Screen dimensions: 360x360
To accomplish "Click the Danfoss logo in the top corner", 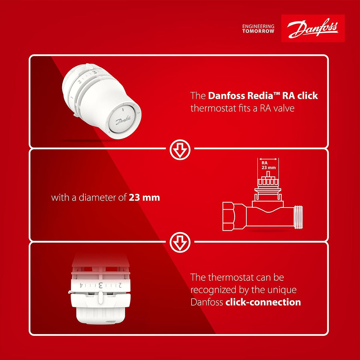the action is (313, 28).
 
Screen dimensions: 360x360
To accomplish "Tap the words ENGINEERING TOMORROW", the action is (258, 29).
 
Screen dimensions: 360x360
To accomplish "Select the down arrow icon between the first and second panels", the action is (180, 149).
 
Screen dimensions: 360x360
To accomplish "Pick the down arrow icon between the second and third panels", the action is (180, 242).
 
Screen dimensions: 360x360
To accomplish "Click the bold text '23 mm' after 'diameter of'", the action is (144, 198).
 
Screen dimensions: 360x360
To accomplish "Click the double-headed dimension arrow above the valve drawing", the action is (268, 159).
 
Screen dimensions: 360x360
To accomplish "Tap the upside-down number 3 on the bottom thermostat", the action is (100, 286).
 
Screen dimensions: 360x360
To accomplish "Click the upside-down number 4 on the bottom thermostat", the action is (81, 285).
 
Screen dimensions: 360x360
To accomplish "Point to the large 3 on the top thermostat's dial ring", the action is (95, 72).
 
